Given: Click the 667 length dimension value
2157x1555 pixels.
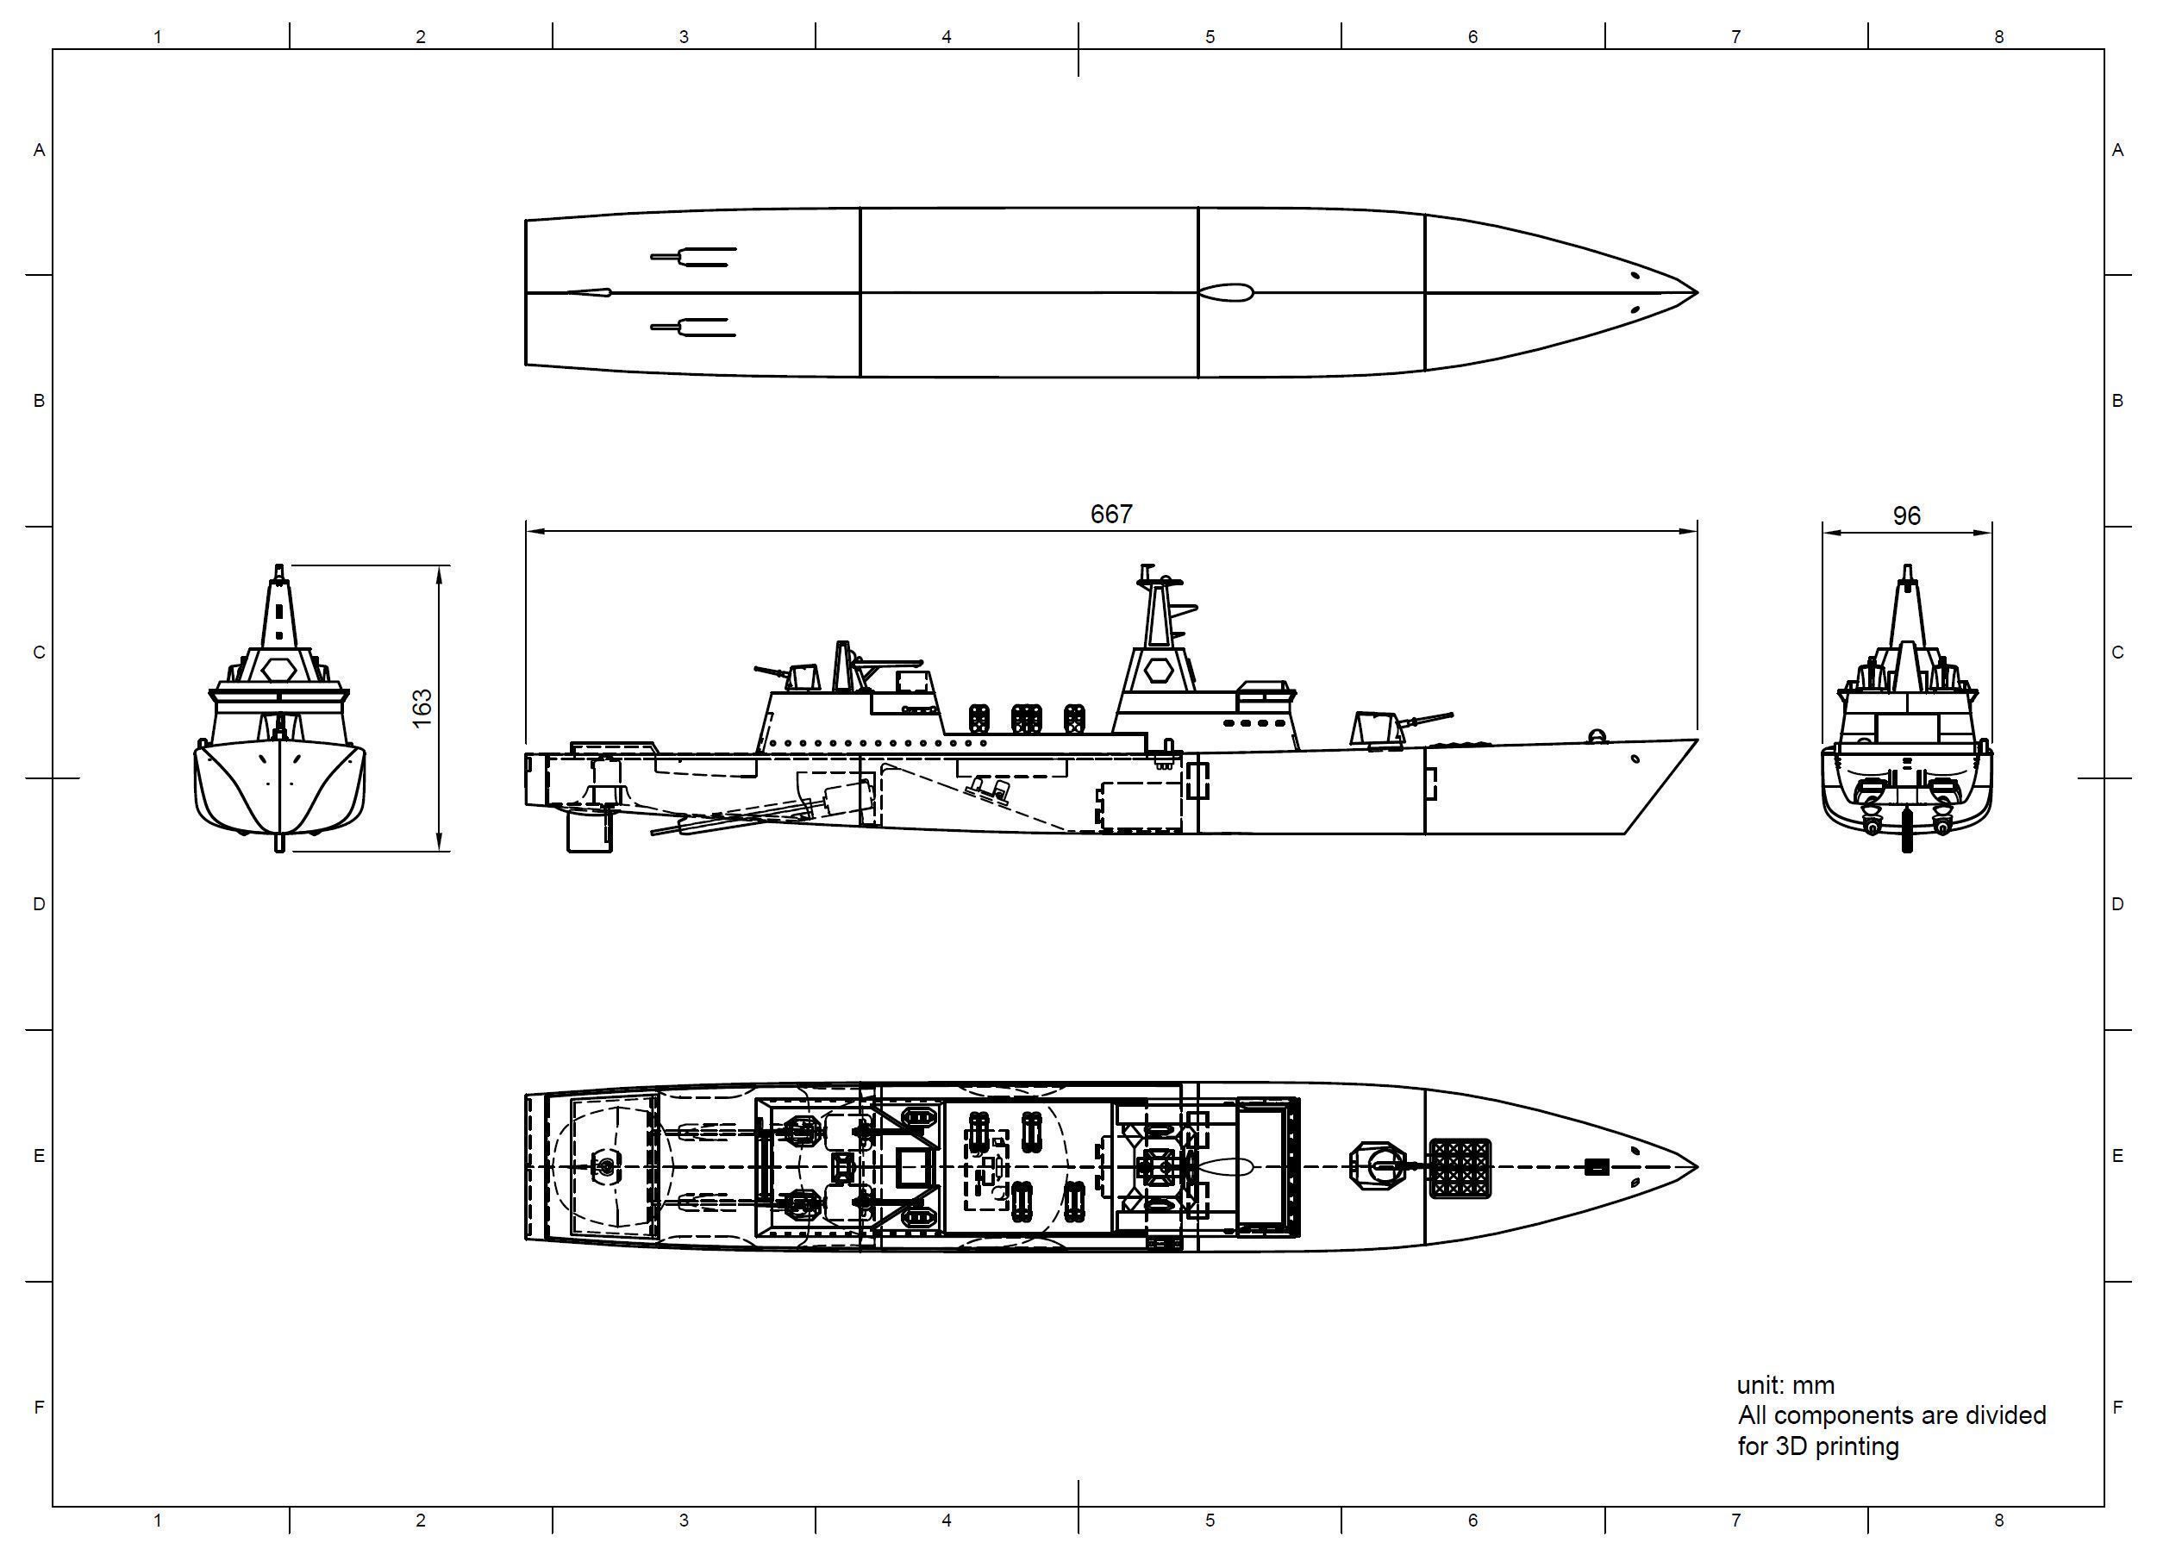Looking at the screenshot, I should (1111, 515).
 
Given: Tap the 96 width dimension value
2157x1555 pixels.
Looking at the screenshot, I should (1906, 515).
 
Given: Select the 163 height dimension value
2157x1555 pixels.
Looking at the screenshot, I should (422, 708).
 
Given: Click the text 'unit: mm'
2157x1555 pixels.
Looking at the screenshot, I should (1785, 1386).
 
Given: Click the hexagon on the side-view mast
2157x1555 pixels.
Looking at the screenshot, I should (1158, 670).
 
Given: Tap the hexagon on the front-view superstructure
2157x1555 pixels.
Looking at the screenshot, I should (278, 669).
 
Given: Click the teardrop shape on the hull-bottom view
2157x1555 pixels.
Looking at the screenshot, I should (1225, 293).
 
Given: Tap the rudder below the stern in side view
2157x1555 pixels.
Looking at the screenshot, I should (590, 831).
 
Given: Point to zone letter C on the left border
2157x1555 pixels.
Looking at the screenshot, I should (39, 653).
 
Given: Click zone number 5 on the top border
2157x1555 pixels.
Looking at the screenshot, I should (1210, 37).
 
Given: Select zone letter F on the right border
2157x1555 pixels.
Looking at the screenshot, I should (2117, 1407).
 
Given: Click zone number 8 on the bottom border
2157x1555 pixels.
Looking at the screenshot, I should (1998, 1521).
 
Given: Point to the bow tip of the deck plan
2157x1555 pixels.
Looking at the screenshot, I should (1695, 1167).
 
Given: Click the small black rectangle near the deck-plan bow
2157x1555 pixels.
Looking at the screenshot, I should (1596, 1167).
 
